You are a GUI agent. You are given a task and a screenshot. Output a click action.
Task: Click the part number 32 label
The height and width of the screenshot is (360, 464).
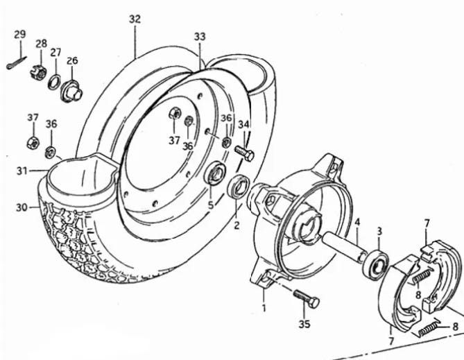coord(135,19)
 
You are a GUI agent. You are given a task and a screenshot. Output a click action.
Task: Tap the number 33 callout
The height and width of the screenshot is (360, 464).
coord(200,37)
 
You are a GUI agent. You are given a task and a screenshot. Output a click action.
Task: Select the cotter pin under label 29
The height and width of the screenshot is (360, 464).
coord(17,62)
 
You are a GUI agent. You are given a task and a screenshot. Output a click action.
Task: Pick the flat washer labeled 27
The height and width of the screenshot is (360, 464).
coord(54,82)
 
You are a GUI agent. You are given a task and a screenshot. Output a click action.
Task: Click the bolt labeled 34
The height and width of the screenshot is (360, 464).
coord(244,153)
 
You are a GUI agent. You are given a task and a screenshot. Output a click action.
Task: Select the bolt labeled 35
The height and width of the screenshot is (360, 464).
coord(307,298)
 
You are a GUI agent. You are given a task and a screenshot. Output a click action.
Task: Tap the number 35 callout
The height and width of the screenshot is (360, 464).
coord(304,324)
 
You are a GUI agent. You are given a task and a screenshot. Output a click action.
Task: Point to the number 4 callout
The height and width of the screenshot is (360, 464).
coord(357,222)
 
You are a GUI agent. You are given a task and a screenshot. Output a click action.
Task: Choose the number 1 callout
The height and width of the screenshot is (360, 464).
coord(264,308)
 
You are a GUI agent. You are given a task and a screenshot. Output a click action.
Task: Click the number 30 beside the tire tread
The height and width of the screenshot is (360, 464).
coord(22,207)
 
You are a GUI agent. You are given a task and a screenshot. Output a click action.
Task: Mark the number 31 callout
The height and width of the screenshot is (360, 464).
coord(22,171)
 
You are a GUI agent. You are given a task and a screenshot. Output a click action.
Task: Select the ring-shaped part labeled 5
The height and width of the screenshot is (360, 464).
coord(216,173)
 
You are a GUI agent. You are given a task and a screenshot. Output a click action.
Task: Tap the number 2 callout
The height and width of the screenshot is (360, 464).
coord(237,225)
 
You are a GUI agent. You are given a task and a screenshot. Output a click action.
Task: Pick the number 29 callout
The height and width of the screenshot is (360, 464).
coord(20,35)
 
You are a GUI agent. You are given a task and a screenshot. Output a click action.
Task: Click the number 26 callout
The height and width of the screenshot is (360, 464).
coord(72,60)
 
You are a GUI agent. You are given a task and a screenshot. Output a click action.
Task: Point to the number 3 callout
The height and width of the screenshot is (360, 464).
coord(379,232)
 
